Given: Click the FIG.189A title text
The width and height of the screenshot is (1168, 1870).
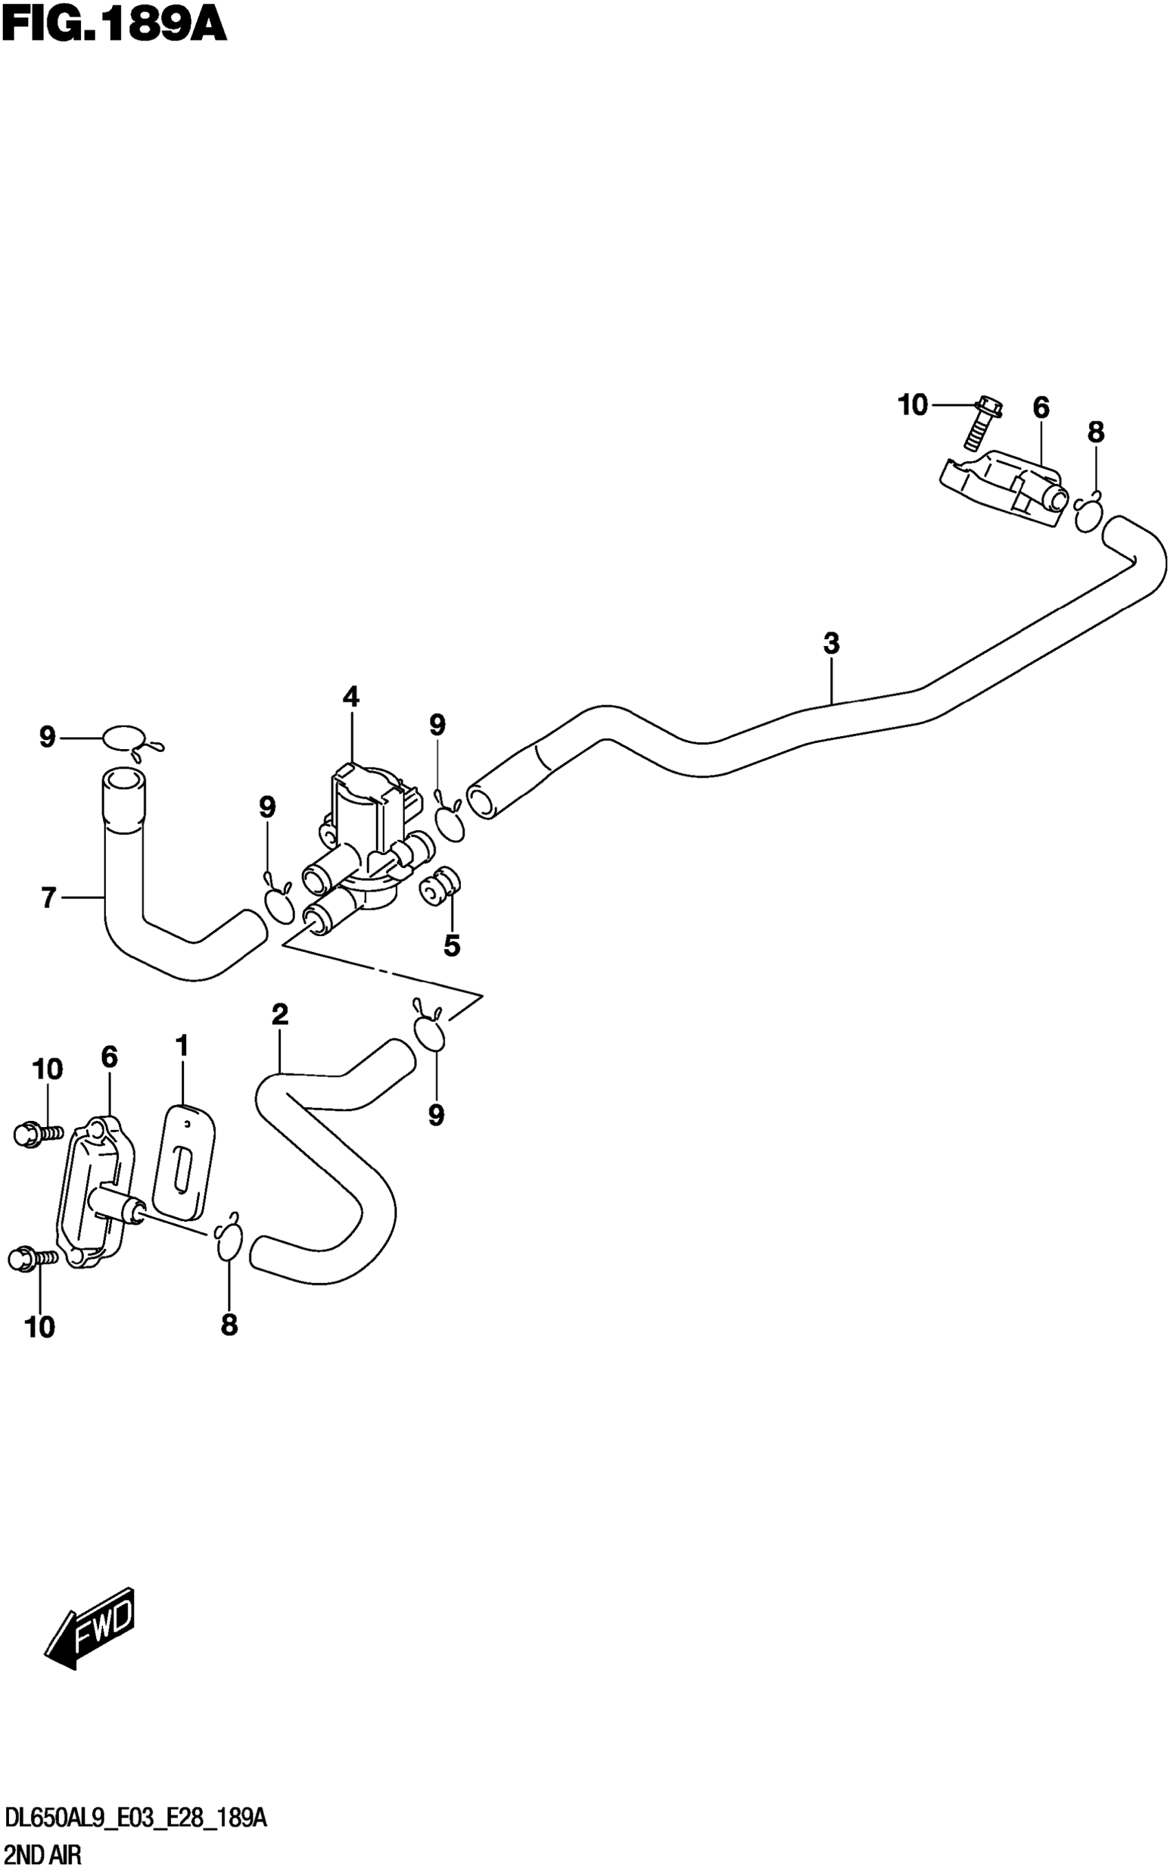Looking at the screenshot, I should [x=113, y=25].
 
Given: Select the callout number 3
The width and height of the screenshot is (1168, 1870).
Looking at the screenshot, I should [x=831, y=643].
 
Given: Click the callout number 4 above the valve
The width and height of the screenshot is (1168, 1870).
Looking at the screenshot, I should [x=350, y=697].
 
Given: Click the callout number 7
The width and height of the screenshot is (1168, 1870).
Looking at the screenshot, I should [x=49, y=898].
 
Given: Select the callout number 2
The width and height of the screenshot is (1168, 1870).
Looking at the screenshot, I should [x=280, y=1014].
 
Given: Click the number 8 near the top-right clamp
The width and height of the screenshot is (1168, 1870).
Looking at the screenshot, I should [x=1095, y=433].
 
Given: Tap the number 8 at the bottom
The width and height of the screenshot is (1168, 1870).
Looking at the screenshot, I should [x=229, y=1325].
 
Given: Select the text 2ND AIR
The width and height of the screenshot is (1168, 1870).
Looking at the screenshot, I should [x=43, y=1855].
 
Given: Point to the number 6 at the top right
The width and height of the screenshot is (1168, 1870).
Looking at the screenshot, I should [x=1040, y=408].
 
